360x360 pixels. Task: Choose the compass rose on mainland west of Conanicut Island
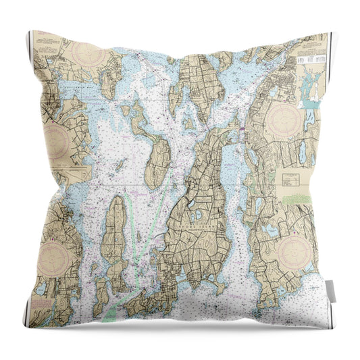click(x=54, y=257)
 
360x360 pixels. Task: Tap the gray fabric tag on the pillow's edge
click(x=331, y=290)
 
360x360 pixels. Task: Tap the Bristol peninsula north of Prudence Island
click(x=198, y=84)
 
